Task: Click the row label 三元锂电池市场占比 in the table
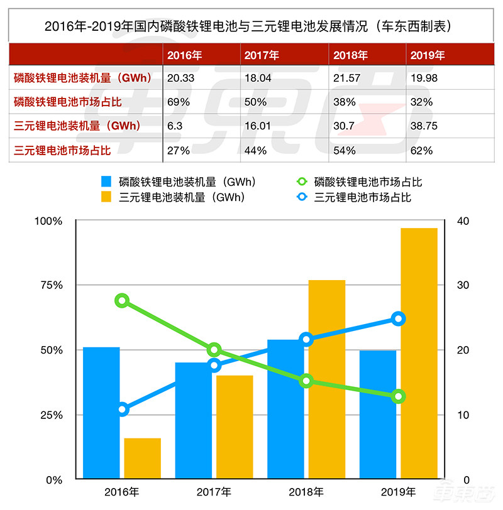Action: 62,150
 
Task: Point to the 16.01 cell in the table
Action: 258,125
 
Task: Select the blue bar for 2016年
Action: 101,413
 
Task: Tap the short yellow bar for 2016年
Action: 143,458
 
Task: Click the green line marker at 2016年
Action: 123,301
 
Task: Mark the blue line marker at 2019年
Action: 398,319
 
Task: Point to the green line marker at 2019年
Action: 398,396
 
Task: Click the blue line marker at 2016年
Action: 123,410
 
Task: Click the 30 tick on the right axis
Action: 463,285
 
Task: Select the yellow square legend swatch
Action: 108,197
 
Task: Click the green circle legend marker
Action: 302,182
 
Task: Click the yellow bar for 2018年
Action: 327,379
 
